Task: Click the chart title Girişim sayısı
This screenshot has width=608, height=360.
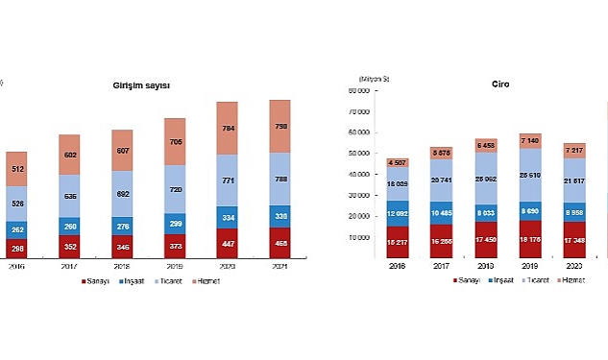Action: [x=141, y=85]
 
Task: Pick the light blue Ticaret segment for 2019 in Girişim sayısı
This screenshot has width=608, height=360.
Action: [x=176, y=188]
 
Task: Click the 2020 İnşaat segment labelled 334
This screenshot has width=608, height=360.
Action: [x=228, y=217]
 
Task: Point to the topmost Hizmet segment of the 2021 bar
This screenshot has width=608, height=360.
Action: [x=280, y=126]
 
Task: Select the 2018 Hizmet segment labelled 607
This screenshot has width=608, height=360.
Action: [x=124, y=151]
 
